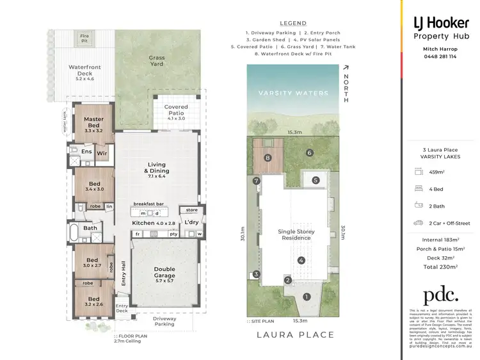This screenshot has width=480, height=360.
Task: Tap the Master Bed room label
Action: pyautogui.click(x=93, y=122)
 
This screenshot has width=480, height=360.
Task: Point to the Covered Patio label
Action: pyautogui.click(x=176, y=111)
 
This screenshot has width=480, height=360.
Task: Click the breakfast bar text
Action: pyautogui.click(x=148, y=204)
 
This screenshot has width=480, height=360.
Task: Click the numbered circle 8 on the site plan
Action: pyautogui.click(x=268, y=158)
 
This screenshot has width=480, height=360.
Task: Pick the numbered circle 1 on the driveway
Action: pyautogui.click(x=307, y=297)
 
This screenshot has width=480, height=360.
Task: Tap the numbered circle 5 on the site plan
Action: pyautogui.click(x=315, y=181)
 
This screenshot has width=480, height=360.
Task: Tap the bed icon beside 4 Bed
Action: pyautogui.click(x=419, y=189)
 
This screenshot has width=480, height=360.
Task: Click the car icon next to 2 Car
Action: pyautogui.click(x=419, y=223)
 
